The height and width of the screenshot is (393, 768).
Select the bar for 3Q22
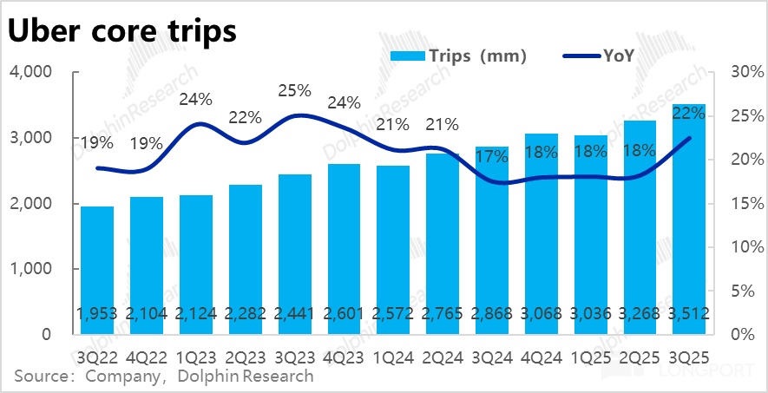tap(96, 269)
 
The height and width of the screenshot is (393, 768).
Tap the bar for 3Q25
tap(690, 217)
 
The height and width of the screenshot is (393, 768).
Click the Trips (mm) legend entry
tap(459, 56)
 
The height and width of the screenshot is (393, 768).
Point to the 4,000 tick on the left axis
tap(30, 72)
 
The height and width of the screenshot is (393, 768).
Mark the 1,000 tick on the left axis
tap(30, 269)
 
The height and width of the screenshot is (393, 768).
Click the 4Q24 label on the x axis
tap(542, 356)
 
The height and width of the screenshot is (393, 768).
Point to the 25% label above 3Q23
tap(295, 90)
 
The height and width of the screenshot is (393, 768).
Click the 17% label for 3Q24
tap(492, 157)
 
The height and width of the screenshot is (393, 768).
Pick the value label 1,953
tap(96, 313)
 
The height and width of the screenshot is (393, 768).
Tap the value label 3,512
tap(690, 313)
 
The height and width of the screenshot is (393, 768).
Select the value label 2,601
tap(344, 313)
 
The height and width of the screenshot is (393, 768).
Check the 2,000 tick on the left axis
tap(30, 204)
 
